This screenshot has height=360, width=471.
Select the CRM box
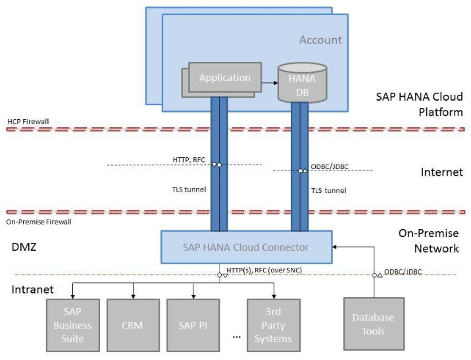click(x=133, y=325)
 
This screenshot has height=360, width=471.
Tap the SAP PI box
click(x=193, y=325)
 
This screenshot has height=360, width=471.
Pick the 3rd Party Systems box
click(x=273, y=326)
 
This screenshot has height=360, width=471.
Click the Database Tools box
click(x=372, y=324)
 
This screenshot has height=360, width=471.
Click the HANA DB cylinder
click(x=302, y=83)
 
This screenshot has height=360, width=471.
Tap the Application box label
click(x=225, y=78)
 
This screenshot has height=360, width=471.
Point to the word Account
click(x=320, y=40)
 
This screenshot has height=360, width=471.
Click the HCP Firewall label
click(x=28, y=122)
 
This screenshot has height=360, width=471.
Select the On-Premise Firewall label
click(x=39, y=222)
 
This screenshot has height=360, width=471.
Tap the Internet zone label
click(x=442, y=173)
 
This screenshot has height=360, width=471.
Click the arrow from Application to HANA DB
click(x=269, y=83)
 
